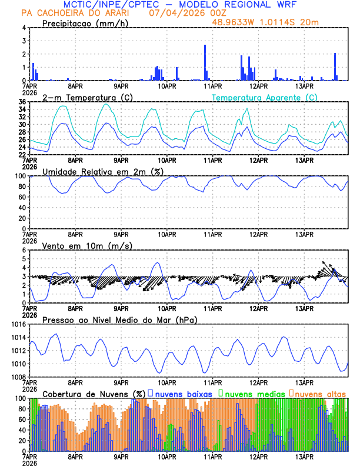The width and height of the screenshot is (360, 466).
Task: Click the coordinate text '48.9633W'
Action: click(235, 22)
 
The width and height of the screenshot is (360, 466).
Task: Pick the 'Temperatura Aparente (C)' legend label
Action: click(264, 97)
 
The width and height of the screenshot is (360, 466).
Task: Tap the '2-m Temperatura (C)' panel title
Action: click(87, 97)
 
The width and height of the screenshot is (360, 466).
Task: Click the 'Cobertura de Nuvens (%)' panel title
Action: click(94, 394)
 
